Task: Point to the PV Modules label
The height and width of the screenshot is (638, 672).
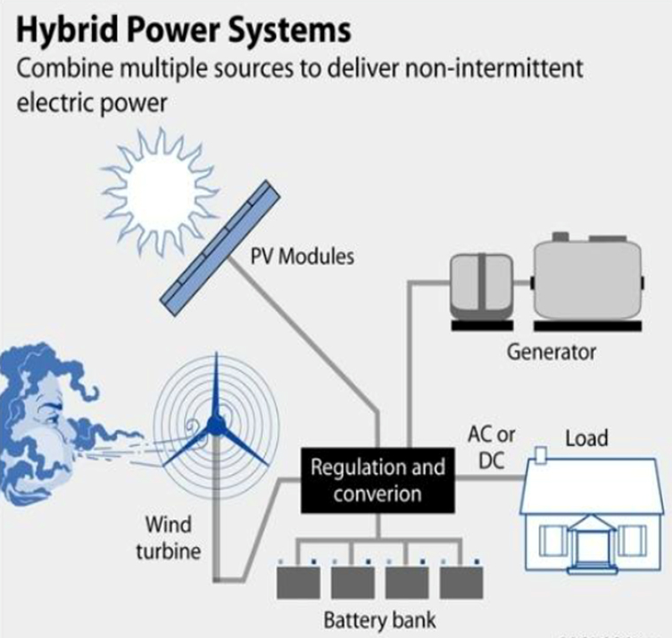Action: pyautogui.click(x=304, y=257)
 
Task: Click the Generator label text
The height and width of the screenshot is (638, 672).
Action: pyautogui.click(x=552, y=351)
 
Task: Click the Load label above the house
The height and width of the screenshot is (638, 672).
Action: pyautogui.click(x=586, y=439)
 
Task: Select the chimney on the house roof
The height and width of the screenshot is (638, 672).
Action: pyautogui.click(x=539, y=454)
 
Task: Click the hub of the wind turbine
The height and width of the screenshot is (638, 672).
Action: pyautogui.click(x=214, y=428)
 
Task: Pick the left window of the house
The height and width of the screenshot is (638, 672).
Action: pyautogui.click(x=552, y=538)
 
